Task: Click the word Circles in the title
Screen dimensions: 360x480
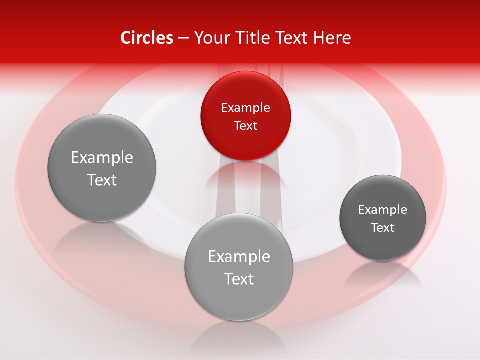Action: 146,38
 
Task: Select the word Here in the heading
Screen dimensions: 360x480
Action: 332,38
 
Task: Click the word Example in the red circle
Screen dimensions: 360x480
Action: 245,107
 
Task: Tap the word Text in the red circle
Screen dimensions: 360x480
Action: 245,125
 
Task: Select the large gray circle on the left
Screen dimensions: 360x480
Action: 102,168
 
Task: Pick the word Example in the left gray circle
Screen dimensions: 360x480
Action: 102,158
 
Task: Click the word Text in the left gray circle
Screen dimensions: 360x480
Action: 102,180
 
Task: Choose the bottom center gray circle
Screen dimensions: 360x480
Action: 238,267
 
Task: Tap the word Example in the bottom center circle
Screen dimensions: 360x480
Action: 238,257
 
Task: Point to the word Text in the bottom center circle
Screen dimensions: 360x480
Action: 238,279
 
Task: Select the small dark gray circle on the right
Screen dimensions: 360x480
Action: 382,218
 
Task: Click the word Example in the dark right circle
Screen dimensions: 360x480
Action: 382,209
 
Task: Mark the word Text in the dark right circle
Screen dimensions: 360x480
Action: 382,227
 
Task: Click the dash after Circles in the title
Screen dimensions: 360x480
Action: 183,38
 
